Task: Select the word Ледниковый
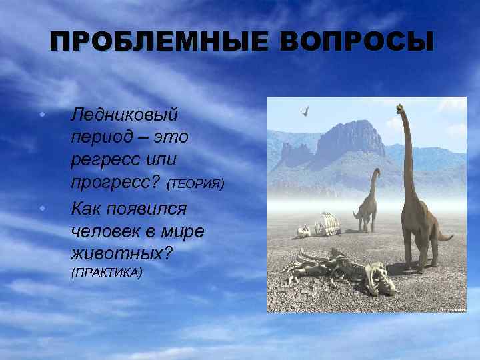[x=125, y=115]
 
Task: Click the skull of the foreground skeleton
[x=382, y=279]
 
